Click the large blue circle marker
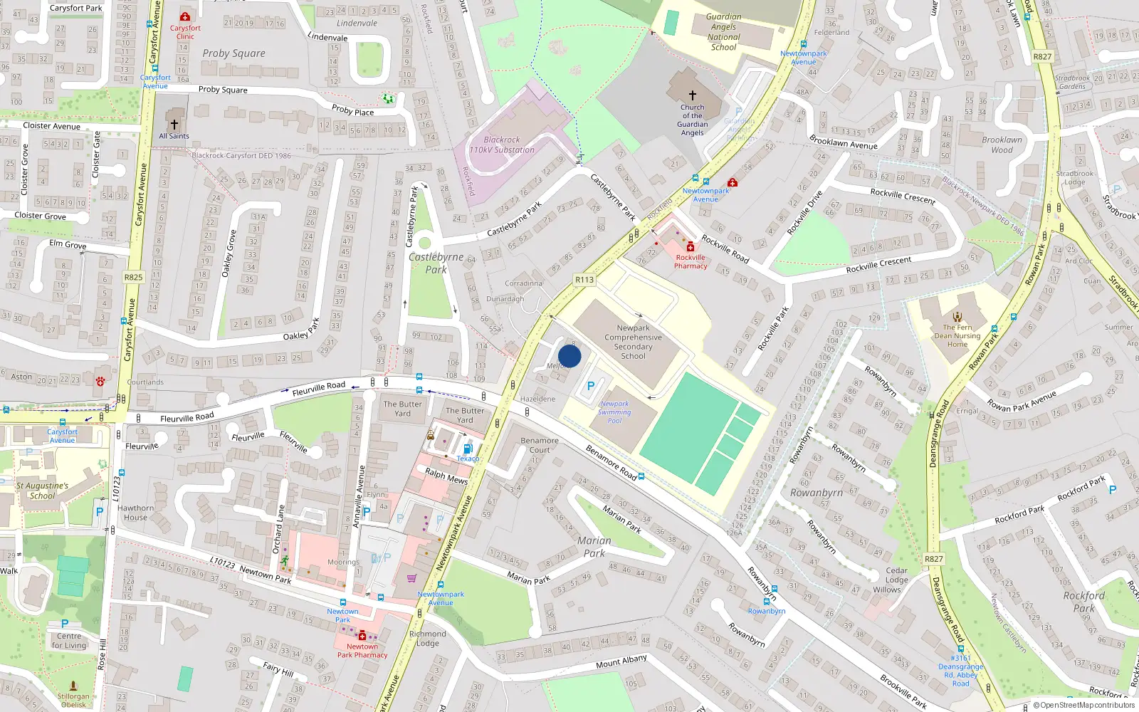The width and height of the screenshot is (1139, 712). [569, 356]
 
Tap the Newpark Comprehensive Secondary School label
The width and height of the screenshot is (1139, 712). [633, 342]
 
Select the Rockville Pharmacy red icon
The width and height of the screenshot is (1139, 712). [690, 247]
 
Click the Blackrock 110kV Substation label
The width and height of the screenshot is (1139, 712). [502, 145]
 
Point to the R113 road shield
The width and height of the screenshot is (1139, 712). [584, 280]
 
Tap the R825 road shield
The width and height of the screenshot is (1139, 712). [133, 277]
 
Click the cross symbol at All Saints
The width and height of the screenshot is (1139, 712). [174, 124]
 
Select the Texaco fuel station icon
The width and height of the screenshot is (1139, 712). [468, 449]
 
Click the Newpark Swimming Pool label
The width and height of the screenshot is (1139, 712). [614, 412]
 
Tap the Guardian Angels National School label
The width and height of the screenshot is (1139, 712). [723, 32]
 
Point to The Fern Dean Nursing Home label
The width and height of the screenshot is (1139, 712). [957, 336]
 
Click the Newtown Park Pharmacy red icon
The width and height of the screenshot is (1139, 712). [362, 635]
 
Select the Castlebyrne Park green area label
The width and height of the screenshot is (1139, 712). [436, 263]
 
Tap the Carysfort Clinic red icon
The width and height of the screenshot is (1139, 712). [185, 16]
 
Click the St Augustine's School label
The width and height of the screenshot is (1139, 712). [42, 491]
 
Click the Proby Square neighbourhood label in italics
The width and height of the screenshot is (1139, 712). [233, 53]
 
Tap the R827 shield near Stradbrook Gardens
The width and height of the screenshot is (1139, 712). [1042, 56]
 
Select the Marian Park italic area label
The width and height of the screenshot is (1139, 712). [594, 547]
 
